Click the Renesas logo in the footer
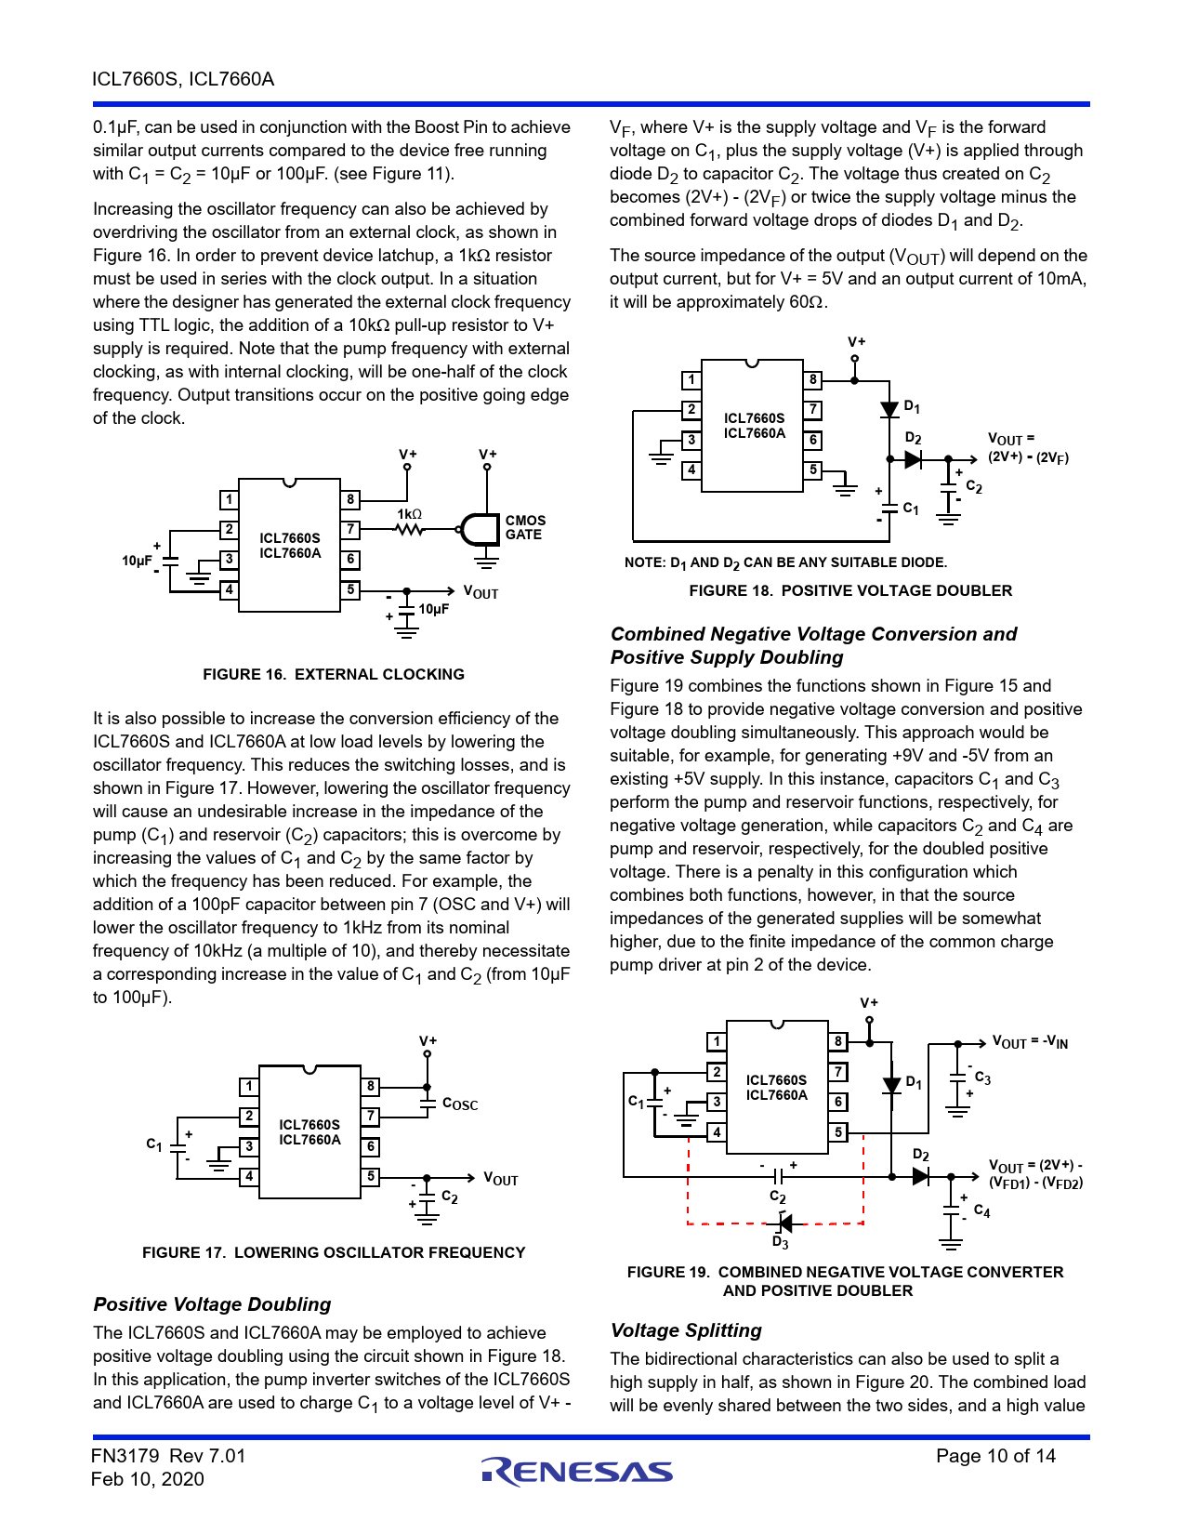pyautogui.click(x=576, y=1471)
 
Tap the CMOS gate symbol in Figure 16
pyautogui.click(x=480, y=529)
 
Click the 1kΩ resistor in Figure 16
pyautogui.click(x=409, y=529)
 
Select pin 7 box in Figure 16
pyautogui.click(x=350, y=529)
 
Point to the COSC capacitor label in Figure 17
pyautogui.click(x=459, y=1104)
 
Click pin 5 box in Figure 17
pyautogui.click(x=371, y=1176)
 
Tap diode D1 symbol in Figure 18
pyautogui.click(x=889, y=409)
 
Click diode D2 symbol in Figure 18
pyautogui.click(x=913, y=459)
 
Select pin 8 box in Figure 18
pyautogui.click(x=813, y=380)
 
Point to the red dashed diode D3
pyautogui.click(x=783, y=1223)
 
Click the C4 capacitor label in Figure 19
pyautogui.click(x=981, y=1211)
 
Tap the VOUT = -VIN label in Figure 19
pyautogui.click(x=1030, y=1042)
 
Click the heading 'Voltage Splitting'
pyautogui.click(x=686, y=1330)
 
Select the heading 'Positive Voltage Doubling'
pyautogui.click(x=212, y=1303)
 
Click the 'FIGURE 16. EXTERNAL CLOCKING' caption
pyautogui.click(x=334, y=674)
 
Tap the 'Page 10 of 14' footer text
pyautogui.click(x=995, y=1456)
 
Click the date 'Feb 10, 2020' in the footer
pyautogui.click(x=148, y=1479)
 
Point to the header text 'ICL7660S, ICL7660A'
pyautogui.click(x=183, y=79)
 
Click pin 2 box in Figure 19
pyautogui.click(x=717, y=1072)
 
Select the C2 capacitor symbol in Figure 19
pyautogui.click(x=777, y=1177)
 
